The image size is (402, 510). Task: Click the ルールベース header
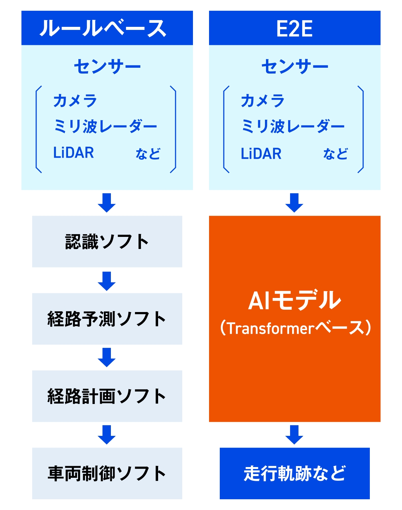click(x=107, y=28)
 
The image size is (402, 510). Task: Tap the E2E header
click(x=294, y=28)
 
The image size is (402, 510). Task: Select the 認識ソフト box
click(x=107, y=242)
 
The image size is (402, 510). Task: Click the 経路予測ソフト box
click(x=107, y=319)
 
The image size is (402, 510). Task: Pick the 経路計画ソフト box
click(x=107, y=396)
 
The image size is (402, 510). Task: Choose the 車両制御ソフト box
click(x=107, y=473)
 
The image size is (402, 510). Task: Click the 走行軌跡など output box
click(x=294, y=473)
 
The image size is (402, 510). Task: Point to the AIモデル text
click(x=294, y=300)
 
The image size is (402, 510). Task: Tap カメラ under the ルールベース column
click(x=75, y=100)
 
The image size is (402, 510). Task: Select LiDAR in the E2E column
click(x=261, y=154)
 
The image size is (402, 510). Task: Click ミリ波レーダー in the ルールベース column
click(x=105, y=126)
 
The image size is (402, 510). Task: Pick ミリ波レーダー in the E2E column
click(x=293, y=126)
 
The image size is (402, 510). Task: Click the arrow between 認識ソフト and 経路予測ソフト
click(x=107, y=281)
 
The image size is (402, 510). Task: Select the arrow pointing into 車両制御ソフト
click(x=107, y=435)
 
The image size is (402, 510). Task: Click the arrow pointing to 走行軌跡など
click(x=294, y=435)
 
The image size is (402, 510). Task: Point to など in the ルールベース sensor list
click(x=148, y=154)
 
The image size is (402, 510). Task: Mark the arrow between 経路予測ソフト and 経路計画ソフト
click(x=107, y=358)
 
